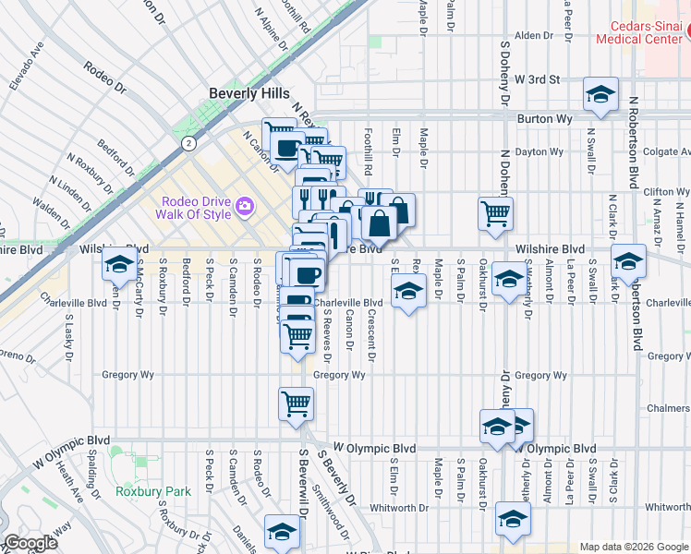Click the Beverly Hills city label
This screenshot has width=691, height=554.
click(249, 93)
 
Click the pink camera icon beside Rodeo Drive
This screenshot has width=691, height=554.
click(244, 206)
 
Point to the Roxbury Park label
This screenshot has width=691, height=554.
click(153, 491)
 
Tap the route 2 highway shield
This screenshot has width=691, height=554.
click(188, 143)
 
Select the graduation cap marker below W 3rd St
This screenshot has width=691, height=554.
click(600, 95)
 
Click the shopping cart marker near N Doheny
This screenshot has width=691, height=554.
click(496, 212)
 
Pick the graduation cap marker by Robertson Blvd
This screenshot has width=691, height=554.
click(628, 261)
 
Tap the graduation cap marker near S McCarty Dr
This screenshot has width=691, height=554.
click(118, 265)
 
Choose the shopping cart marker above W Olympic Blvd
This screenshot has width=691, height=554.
click(296, 403)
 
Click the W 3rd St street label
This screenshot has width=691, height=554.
click(538, 79)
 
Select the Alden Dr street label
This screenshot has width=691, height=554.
click(533, 36)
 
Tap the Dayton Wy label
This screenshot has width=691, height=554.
click(539, 152)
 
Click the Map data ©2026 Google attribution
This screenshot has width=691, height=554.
click(634, 547)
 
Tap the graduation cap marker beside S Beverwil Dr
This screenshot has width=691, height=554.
click(282, 531)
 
